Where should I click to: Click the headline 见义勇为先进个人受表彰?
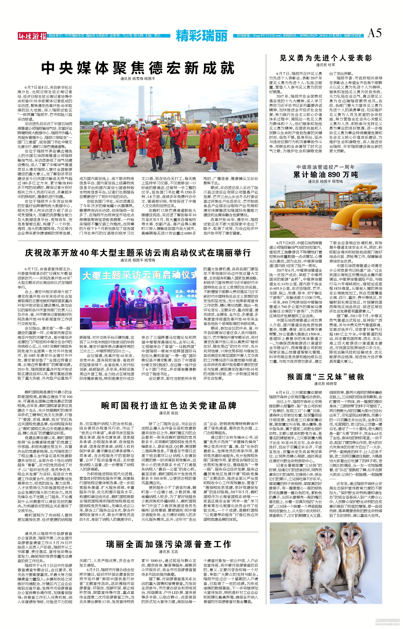click(x=326, y=58)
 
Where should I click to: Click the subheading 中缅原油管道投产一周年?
click(x=326, y=167)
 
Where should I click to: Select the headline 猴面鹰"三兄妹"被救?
click(x=326, y=377)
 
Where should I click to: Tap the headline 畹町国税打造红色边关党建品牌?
click(x=169, y=405)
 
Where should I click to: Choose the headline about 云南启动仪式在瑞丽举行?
click(x=138, y=252)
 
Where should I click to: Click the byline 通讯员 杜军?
click(x=326, y=65)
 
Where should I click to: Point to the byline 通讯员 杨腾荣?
click(x=326, y=383)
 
